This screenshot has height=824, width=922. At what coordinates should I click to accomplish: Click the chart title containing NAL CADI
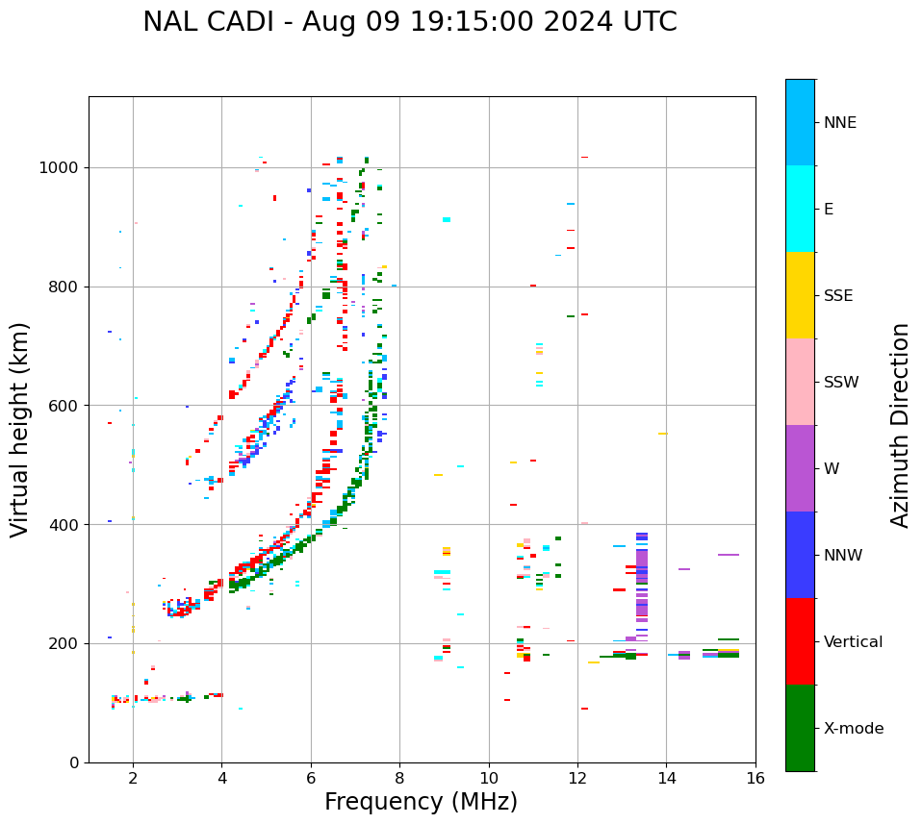pos(409,22)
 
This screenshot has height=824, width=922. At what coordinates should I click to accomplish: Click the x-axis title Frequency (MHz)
pos(421,802)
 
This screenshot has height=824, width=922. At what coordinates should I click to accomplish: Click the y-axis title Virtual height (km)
pos(20,429)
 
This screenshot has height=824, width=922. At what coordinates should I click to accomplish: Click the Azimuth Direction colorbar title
pos(900,424)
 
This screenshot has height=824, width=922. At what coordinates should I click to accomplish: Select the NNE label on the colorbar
pos(839,123)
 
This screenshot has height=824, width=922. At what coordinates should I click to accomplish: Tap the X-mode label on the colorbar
pos(853,729)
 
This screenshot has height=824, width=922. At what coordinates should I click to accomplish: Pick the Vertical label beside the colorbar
pos(853,642)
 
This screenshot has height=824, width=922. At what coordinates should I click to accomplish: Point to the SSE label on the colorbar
pos(837,296)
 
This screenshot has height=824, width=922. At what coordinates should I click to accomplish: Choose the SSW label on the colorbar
pos(840,383)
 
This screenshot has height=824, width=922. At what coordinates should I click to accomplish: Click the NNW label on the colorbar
pos(842,556)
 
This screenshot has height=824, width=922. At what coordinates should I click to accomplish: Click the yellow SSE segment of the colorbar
pos(800,295)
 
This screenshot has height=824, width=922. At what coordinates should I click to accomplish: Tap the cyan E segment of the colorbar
pos(800,209)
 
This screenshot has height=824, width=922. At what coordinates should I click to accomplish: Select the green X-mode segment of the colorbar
pos(800,728)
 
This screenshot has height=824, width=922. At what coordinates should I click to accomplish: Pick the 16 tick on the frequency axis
pos(755,777)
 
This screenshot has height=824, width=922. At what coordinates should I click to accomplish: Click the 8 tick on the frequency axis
pos(399,777)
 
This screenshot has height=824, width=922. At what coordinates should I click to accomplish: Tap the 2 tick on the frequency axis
pos(133,777)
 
